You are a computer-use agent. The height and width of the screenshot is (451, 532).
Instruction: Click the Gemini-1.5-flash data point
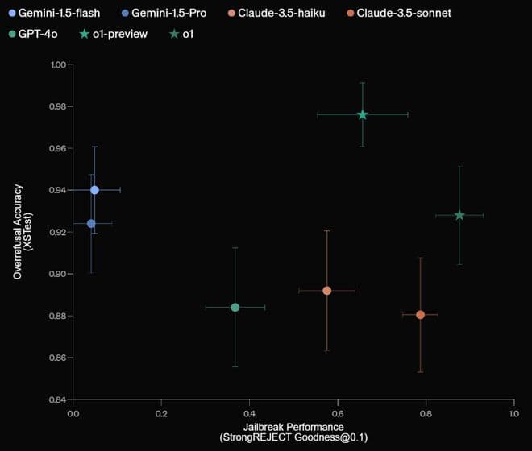(94, 190)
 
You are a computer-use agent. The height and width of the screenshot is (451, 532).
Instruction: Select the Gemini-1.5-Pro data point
(91, 223)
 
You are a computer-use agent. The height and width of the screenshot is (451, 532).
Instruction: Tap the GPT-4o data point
(235, 307)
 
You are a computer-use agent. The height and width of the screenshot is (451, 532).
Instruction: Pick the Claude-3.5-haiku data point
(326, 290)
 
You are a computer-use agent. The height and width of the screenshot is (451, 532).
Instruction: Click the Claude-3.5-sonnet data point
(420, 314)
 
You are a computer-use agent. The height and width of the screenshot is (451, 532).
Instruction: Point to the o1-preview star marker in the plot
(363, 114)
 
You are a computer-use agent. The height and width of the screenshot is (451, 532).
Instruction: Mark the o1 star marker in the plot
(459, 215)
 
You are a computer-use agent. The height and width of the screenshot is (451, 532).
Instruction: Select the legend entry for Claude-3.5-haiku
(271, 14)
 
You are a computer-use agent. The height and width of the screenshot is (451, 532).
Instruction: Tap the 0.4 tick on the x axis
(249, 413)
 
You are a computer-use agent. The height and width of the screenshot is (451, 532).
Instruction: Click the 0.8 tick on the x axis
(426, 413)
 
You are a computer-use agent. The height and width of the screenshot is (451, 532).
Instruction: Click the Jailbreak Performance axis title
(293, 426)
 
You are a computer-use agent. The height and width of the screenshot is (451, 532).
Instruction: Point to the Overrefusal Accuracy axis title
(17, 232)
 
